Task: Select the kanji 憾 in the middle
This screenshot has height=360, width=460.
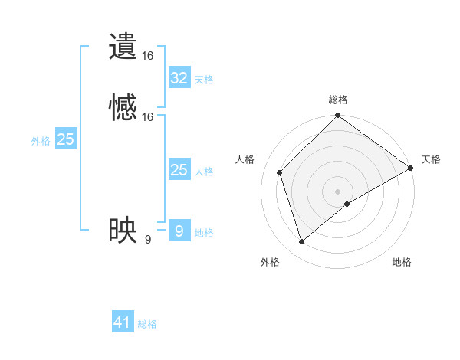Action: (123, 109)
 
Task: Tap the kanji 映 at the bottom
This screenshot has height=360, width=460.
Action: (123, 231)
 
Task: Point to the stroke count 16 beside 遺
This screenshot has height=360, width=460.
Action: (148, 56)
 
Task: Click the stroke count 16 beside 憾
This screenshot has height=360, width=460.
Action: (148, 117)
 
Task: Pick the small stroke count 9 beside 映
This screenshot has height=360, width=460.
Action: (147, 239)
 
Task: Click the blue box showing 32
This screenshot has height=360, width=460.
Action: (179, 78)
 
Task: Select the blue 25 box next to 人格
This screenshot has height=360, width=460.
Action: (179, 170)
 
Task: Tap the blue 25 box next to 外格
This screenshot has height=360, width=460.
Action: (65, 139)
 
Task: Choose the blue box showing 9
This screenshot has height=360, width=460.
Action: (179, 231)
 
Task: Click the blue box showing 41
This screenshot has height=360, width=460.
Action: (123, 322)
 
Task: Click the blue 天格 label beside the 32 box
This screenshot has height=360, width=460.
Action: (204, 80)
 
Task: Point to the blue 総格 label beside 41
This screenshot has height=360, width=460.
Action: (147, 324)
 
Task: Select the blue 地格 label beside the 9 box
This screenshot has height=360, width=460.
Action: (204, 233)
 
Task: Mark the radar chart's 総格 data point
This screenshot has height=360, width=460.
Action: (337, 116)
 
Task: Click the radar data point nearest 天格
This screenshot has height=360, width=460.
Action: (411, 168)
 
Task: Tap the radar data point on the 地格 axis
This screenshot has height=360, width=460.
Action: (347, 204)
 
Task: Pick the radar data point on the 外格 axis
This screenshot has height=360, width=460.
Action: (301, 241)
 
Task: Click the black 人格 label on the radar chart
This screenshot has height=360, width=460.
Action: (245, 159)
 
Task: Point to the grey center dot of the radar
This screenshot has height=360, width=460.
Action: (337, 191)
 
